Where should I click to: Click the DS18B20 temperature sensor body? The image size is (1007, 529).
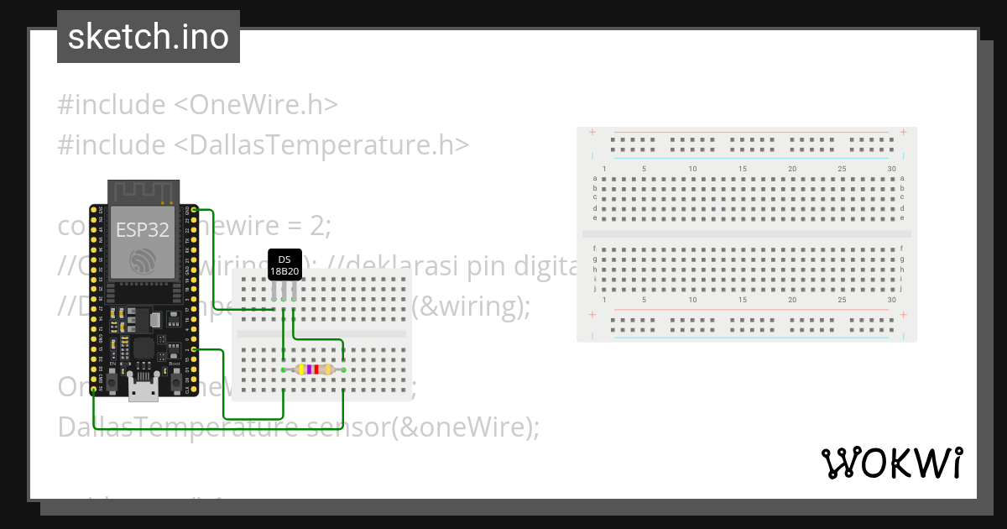pos(284,264)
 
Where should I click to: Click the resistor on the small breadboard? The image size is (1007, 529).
pos(313,369)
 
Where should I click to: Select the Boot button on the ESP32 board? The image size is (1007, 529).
pos(176,383)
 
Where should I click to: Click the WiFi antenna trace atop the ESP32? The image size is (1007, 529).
pos(142,191)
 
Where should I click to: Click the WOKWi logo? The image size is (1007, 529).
pos(890,463)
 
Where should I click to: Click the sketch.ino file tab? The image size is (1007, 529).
pos(149,37)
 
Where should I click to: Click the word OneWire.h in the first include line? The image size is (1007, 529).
pos(256,105)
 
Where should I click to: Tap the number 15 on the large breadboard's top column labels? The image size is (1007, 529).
pos(743,169)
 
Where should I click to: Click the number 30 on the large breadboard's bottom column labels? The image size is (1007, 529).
pos(891,300)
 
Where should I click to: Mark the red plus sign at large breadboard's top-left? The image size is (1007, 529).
pos(592,132)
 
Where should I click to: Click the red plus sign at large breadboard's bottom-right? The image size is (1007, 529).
pos(903,314)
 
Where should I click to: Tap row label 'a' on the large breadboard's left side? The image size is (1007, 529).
pos(595,178)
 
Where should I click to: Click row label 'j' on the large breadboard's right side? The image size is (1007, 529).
pos(902,288)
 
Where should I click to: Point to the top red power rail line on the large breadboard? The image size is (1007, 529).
pos(751,132)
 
